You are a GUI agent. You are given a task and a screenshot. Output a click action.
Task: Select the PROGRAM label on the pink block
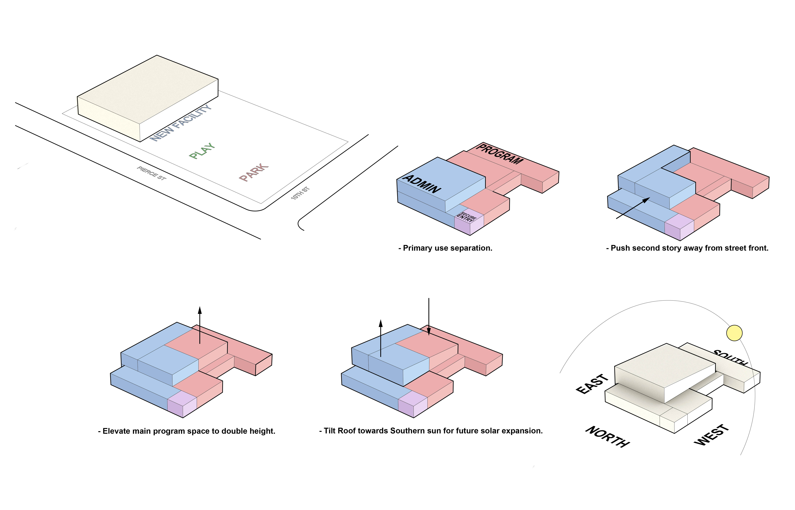point(500,154)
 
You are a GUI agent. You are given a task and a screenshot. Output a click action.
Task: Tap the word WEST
point(712,435)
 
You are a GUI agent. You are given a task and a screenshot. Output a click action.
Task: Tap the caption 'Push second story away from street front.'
point(687,248)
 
